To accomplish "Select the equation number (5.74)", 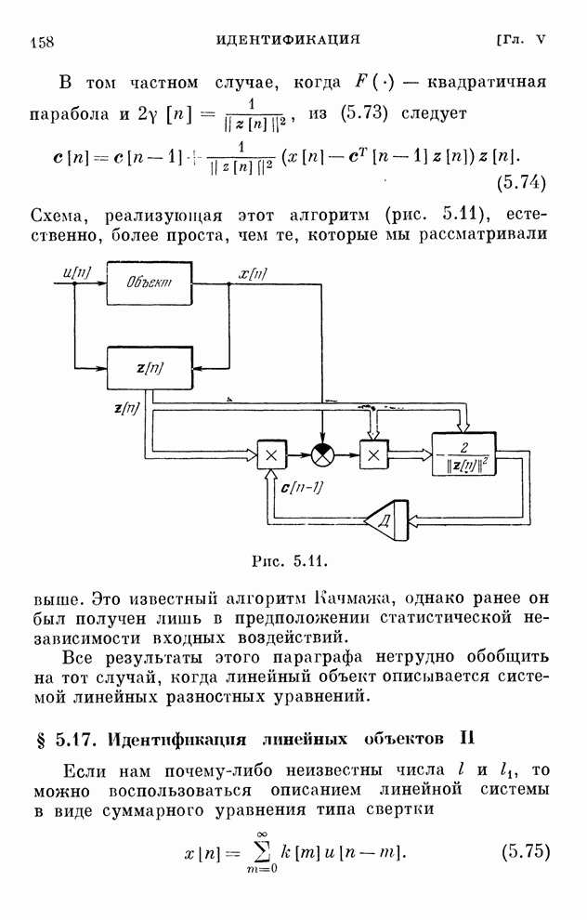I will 521,180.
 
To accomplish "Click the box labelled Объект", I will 150,283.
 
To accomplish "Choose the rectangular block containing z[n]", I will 150,366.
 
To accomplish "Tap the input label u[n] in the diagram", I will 72,271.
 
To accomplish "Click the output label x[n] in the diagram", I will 253,272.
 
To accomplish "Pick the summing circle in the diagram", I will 321,454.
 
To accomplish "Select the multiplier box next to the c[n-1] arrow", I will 271,454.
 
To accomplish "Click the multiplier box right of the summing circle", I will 373,454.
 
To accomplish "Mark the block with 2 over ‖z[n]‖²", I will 463,454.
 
